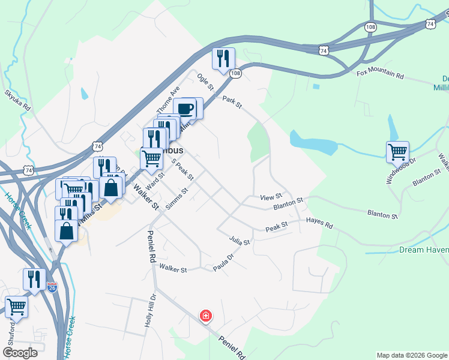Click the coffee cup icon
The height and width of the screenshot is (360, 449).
point(185,109)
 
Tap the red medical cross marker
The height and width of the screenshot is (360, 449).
point(205,315)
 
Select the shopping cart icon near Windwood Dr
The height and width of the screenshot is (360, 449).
point(397,152)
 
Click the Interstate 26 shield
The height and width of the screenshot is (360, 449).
point(52,287)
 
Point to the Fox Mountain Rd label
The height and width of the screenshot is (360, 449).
point(381,74)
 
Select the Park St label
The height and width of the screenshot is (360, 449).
point(232,101)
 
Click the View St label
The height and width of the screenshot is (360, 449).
point(271,197)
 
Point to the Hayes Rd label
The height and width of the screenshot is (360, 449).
point(319,223)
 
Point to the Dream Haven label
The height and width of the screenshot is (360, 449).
point(424,250)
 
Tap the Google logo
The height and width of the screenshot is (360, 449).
point(20,353)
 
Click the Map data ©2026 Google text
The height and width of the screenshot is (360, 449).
point(411,355)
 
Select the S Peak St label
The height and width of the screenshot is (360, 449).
point(183,170)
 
